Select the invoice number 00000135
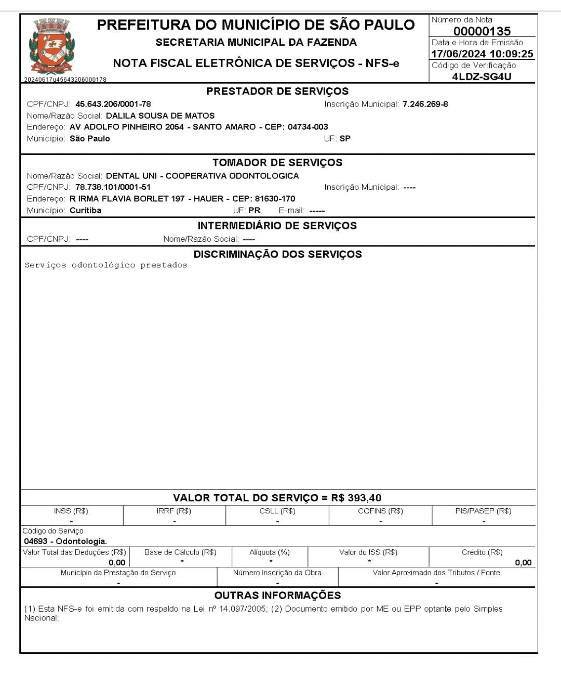click(x=482, y=31)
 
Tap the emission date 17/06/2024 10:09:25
click(x=482, y=54)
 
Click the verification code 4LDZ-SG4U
click(x=482, y=76)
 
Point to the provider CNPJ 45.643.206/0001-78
click(x=113, y=104)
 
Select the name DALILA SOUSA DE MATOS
click(x=160, y=115)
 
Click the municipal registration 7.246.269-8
click(x=425, y=104)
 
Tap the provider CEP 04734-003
click(x=308, y=127)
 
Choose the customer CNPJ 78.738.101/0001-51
click(x=113, y=187)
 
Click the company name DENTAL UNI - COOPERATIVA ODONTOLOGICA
click(x=202, y=176)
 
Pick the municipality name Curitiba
click(x=85, y=211)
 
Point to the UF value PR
click(x=255, y=211)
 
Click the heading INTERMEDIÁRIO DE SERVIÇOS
click(x=277, y=226)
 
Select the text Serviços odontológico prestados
click(x=106, y=265)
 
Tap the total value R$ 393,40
click(x=356, y=498)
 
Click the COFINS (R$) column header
click(x=380, y=511)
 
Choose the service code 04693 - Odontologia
click(x=65, y=541)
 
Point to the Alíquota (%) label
click(x=270, y=552)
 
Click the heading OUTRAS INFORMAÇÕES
click(x=277, y=596)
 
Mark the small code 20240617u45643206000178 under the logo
click(x=65, y=80)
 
